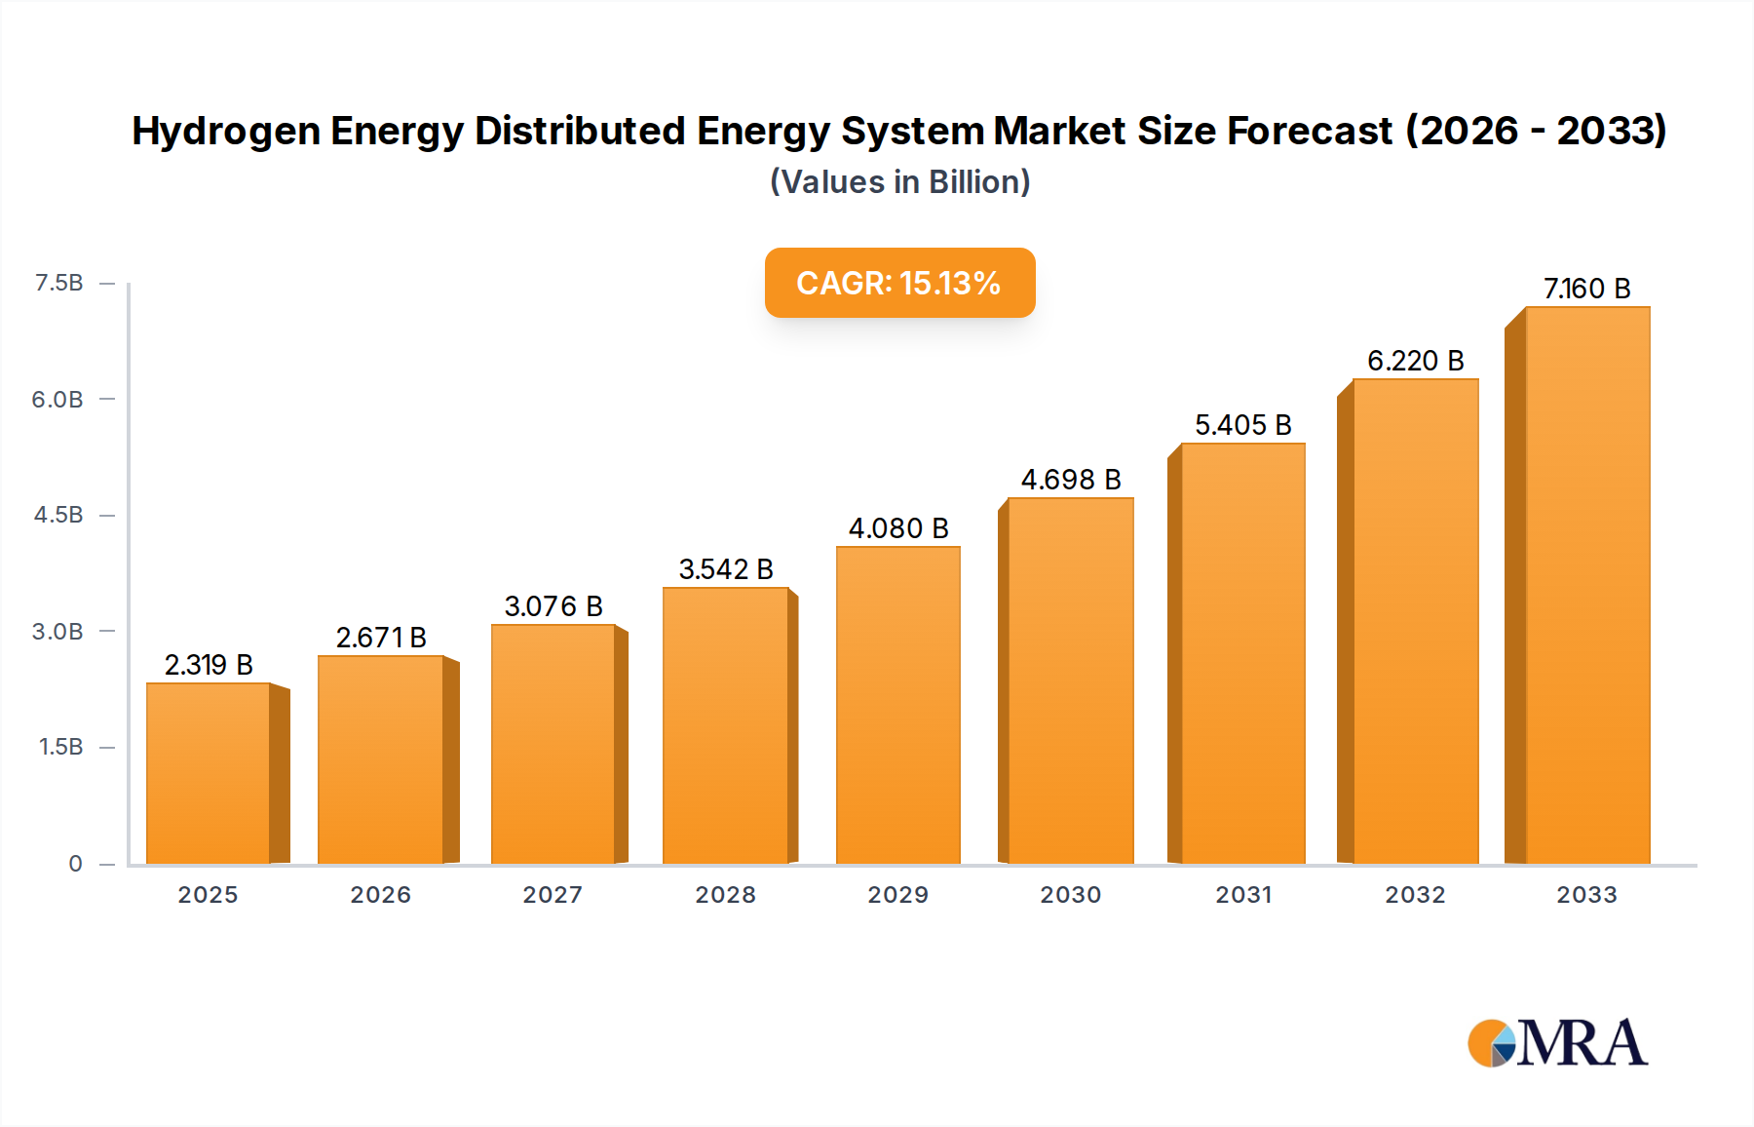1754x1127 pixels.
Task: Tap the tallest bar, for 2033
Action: coord(1586,585)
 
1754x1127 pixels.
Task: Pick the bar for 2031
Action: coord(1242,653)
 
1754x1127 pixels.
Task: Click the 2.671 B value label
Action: coord(381,638)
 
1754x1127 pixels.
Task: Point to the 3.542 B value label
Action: coord(726,569)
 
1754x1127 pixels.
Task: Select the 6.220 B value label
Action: coord(1415,361)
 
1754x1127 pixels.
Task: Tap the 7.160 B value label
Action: coord(1586,289)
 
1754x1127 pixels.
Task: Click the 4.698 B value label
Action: coord(1071,480)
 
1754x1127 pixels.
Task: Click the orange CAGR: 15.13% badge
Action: coord(899,283)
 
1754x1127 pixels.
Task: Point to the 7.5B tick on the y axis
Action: coord(58,283)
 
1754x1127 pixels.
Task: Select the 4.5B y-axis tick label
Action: coord(58,515)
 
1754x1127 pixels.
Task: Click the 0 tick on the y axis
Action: coord(75,864)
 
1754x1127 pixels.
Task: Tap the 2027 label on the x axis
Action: coord(553,895)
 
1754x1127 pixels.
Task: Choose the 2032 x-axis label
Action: coord(1415,895)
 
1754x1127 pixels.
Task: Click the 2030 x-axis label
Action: coord(1070,895)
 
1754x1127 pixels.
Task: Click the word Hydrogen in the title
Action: coord(225,132)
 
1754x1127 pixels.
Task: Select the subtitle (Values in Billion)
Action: coord(899,182)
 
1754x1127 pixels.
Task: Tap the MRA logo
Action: coord(1557,1043)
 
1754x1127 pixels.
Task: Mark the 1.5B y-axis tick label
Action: coord(60,747)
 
